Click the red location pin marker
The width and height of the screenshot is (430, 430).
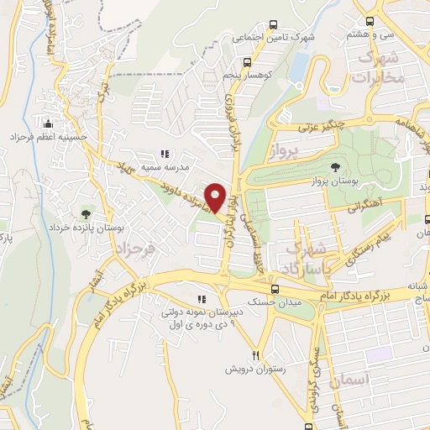tap(216, 198)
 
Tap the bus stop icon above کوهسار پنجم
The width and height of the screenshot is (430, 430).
tap(246, 62)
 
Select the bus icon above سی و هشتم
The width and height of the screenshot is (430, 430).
tap(370, 21)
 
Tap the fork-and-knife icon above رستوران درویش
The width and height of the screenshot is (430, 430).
tap(257, 354)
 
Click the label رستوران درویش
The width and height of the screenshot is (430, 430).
tap(255, 369)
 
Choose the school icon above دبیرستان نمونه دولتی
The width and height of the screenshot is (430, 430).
tap(200, 299)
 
